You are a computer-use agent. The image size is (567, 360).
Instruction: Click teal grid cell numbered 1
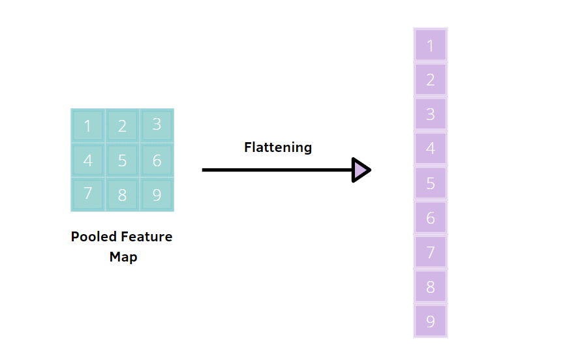88,126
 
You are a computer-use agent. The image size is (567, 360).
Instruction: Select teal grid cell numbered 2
122,126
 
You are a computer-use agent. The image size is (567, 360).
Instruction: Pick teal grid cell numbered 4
88,160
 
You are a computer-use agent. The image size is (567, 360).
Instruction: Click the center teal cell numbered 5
122,160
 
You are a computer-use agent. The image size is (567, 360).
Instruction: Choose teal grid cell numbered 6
157,160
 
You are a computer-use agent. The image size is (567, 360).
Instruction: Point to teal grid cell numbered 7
88,194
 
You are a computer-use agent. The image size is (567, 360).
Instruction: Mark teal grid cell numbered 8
122,194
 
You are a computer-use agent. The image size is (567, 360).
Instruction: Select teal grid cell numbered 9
157,194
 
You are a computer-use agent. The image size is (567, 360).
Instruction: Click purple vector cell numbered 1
431,46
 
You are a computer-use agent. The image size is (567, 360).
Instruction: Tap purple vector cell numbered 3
431,114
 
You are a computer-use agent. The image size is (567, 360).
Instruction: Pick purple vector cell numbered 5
431,183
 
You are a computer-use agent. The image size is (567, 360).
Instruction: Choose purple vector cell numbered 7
431,252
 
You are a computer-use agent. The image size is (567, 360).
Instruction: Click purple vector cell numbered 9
431,321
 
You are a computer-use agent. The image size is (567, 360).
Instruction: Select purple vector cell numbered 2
431,80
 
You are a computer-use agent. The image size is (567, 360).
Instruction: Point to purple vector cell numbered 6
431,218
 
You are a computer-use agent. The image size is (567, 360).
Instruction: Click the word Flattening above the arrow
278,147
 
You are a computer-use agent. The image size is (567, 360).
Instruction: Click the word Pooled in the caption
93,237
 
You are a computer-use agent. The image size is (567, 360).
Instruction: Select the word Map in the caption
123,257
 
